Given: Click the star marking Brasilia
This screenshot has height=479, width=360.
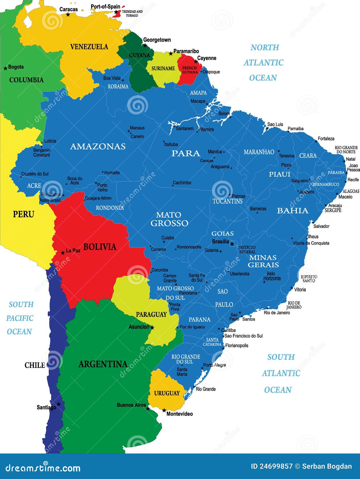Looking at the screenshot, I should (232, 244).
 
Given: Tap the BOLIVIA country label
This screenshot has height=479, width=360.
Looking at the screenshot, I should (100, 247).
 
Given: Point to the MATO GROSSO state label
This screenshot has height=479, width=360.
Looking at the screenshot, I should (169, 219).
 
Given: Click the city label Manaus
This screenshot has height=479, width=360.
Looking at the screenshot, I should (137, 128).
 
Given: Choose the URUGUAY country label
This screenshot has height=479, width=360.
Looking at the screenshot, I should (167, 393).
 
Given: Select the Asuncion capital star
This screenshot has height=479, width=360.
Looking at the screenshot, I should (152, 328).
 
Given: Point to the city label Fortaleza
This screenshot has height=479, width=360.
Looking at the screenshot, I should (326, 139).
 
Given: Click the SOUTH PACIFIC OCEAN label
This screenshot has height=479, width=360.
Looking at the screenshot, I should (20, 318).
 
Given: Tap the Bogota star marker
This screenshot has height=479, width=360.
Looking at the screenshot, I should (5, 68).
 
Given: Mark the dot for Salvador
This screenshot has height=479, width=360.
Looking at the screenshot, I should (312, 222).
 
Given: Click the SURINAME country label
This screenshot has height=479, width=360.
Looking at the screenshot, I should (163, 68).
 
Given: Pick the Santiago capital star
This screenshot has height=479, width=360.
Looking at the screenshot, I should (59, 404).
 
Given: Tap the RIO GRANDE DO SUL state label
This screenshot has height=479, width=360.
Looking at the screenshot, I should (186, 359).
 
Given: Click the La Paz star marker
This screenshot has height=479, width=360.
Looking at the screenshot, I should (63, 253).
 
